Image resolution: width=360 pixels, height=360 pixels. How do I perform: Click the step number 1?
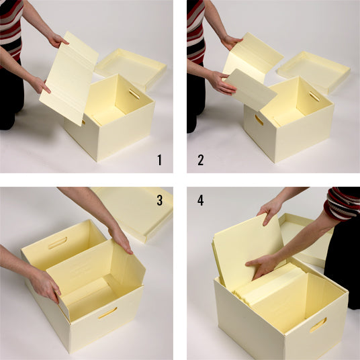pyautogui.click(x=160, y=160)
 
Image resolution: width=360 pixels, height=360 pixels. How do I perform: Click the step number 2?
pyautogui.click(x=200, y=160)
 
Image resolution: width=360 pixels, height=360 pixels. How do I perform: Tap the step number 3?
pyautogui.click(x=160, y=200)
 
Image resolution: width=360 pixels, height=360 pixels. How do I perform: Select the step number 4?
pyautogui.click(x=200, y=200)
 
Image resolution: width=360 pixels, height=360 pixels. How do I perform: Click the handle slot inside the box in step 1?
pyautogui.click(x=134, y=93)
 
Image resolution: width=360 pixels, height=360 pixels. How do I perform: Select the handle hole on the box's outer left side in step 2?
pyautogui.click(x=259, y=120)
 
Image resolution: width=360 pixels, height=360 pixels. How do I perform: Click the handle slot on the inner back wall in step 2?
pyautogui.click(x=314, y=97)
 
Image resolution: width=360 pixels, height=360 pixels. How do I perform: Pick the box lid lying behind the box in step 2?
pyautogui.click(x=314, y=72)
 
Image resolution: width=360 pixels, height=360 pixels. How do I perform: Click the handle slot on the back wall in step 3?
pyautogui.click(x=58, y=243)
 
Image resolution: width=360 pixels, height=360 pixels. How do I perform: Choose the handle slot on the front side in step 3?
pyautogui.click(x=107, y=313)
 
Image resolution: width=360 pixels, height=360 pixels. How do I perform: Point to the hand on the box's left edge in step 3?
pyautogui.click(x=45, y=285)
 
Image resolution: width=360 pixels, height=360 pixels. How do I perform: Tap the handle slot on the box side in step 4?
pyautogui.click(x=318, y=325)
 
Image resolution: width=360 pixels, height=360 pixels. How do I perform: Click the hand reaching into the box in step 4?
pyautogui.click(x=263, y=266)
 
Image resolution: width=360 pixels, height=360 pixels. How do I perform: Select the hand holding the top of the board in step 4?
pyautogui.click(x=271, y=210)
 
